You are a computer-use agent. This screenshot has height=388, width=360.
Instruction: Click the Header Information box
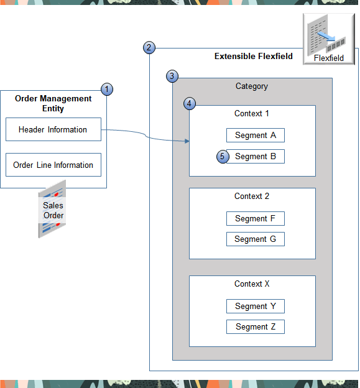(x=53, y=130)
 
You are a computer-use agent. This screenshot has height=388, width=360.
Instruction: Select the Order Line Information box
(x=53, y=165)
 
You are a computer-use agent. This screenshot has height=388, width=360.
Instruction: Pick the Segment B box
(x=255, y=156)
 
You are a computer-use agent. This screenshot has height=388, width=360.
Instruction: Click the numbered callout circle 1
(x=107, y=90)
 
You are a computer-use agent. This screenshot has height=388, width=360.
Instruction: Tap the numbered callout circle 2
(x=149, y=47)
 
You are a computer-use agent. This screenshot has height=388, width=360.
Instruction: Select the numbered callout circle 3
(x=172, y=76)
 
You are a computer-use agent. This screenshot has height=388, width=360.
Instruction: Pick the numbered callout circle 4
(x=190, y=104)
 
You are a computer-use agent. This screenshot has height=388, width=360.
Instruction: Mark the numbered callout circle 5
(x=223, y=156)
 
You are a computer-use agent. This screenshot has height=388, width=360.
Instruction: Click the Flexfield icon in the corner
(x=328, y=39)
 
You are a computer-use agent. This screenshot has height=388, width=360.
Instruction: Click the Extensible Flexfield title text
(x=254, y=56)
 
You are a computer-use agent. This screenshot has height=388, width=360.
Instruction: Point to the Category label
(x=252, y=86)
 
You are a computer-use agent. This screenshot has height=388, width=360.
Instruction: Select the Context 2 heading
(x=252, y=196)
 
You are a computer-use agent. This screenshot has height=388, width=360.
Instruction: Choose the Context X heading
(x=252, y=284)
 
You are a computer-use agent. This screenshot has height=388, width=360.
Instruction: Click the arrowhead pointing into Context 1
(x=186, y=141)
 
